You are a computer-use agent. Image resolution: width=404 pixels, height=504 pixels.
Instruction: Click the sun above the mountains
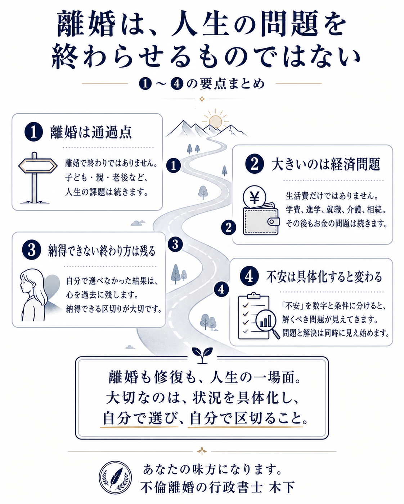click(x=215, y=121)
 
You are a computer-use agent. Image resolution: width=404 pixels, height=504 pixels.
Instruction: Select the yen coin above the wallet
click(x=254, y=197)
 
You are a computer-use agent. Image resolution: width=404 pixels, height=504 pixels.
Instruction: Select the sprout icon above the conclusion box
click(x=202, y=355)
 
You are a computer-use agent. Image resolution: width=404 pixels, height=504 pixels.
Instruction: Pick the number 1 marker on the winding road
click(x=174, y=166)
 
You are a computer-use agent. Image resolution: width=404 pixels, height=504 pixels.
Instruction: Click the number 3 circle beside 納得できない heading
click(x=32, y=250)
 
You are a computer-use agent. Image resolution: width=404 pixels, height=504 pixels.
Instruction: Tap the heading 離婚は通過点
click(x=91, y=133)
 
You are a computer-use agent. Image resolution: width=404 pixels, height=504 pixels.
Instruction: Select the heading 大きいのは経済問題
click(x=326, y=165)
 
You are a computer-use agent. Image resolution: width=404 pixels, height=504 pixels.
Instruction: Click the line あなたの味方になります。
click(x=212, y=469)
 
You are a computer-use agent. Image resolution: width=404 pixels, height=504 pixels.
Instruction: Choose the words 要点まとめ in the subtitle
click(x=232, y=84)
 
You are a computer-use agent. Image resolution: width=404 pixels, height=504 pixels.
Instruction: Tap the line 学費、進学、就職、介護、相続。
click(x=336, y=210)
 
